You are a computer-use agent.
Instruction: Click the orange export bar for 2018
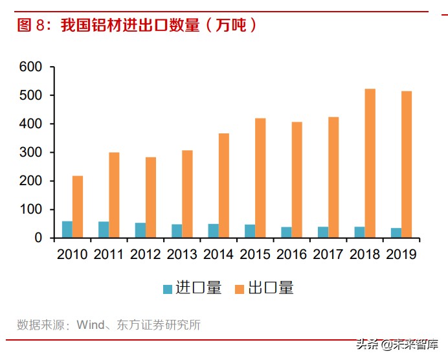(370, 163)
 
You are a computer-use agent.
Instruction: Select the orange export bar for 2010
(78, 207)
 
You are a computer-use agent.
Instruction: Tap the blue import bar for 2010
(67, 229)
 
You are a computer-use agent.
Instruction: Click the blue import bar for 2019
(396, 232)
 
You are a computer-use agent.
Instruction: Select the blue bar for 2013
(177, 231)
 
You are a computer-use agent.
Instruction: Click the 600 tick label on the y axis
(30, 67)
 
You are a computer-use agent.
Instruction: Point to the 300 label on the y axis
(30, 153)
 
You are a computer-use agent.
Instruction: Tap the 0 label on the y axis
(38, 238)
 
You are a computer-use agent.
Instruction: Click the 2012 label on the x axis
(145, 254)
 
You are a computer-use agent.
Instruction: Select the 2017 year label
(328, 254)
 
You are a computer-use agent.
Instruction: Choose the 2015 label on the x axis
(255, 254)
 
